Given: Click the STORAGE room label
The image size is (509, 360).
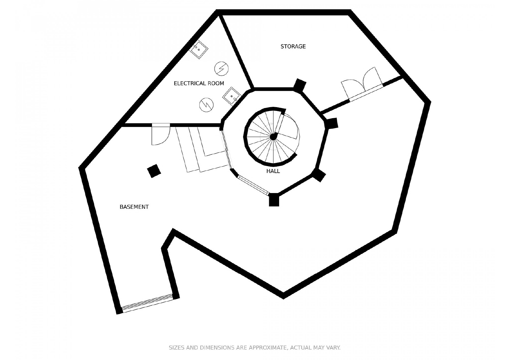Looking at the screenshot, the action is point(293,46).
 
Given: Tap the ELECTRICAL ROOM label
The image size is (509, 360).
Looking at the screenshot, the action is point(199,84).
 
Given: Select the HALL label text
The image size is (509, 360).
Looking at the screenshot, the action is point(273,171).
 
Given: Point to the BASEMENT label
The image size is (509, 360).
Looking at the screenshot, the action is point(134,207).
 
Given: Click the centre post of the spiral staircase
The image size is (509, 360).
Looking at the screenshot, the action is point(273,137).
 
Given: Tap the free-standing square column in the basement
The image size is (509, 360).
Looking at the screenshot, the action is point(154,171).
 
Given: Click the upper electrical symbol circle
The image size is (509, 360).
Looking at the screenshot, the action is point(221,68).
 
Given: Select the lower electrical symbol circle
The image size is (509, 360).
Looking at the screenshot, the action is point(207,104).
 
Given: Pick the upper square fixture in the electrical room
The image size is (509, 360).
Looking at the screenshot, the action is point(199,49).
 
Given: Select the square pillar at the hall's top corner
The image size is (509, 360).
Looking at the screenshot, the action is point(299,85).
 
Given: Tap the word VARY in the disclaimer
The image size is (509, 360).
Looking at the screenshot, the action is point(334,348).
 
